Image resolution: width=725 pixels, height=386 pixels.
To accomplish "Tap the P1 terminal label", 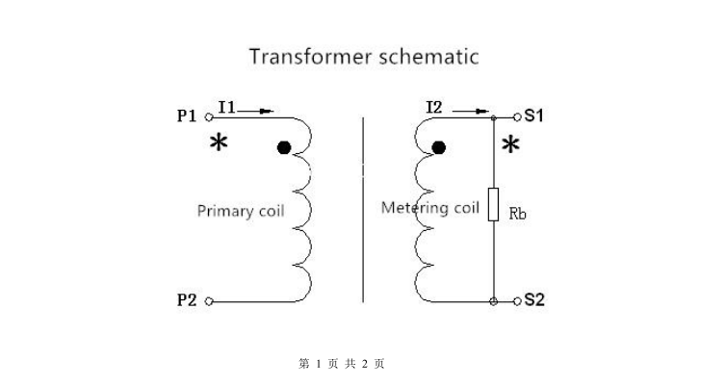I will point(187,116).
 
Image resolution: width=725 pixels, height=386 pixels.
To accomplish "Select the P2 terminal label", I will point(187,300).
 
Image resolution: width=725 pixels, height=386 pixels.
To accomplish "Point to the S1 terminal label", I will point(534,116).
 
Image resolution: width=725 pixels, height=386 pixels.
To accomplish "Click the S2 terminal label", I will point(534,300).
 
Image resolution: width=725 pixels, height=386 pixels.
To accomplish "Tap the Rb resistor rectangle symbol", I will point(493,205).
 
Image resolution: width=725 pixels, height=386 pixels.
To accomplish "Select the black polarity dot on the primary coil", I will point(283,147).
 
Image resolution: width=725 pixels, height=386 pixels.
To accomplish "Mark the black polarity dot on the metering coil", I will point(439,147).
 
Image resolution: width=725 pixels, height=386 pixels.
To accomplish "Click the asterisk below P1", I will point(220,144).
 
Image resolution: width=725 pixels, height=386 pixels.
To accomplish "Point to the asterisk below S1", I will point(510,145).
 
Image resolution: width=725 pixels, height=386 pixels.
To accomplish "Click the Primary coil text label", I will point(241,211).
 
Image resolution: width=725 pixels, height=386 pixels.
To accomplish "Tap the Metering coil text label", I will point(429,207).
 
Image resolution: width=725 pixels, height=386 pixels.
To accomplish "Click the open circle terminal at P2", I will point(209,301).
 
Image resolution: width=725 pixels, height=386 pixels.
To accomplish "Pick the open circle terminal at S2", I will point(517,300).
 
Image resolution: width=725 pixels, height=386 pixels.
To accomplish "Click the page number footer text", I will point(343,363).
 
